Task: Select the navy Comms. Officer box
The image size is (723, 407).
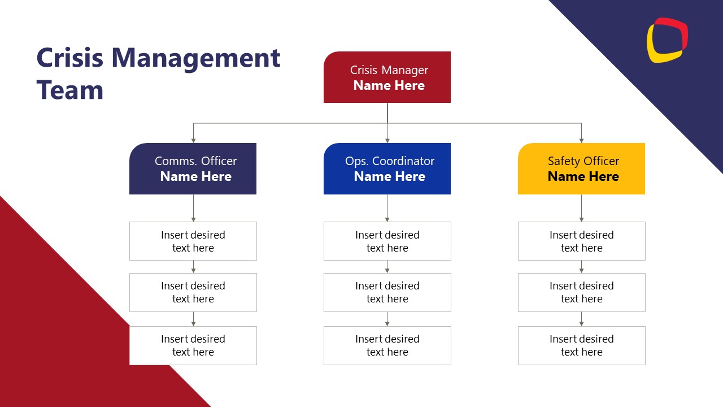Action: click(x=193, y=168)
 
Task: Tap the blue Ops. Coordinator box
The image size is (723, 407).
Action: click(x=387, y=168)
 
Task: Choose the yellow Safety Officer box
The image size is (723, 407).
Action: click(x=581, y=168)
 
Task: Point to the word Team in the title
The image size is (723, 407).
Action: click(x=70, y=90)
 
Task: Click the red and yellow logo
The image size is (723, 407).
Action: click(x=667, y=40)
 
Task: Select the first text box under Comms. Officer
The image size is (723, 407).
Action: click(x=193, y=241)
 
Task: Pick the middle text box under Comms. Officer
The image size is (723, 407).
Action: click(x=193, y=292)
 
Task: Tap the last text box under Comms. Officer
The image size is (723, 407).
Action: click(x=193, y=345)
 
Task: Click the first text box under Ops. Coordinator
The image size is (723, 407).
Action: click(x=387, y=241)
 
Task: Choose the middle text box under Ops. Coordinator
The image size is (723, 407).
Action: click(x=387, y=292)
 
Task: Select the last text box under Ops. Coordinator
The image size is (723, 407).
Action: click(x=387, y=345)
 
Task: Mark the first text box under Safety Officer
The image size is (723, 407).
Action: click(x=582, y=241)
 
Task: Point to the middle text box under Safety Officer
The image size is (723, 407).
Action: click(x=582, y=292)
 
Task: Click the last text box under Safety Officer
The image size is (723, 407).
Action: click(x=582, y=345)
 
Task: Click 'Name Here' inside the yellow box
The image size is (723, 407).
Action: click(x=583, y=176)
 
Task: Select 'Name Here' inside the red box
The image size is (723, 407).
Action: click(x=389, y=85)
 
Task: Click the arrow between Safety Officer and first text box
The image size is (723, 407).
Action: click(x=581, y=209)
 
